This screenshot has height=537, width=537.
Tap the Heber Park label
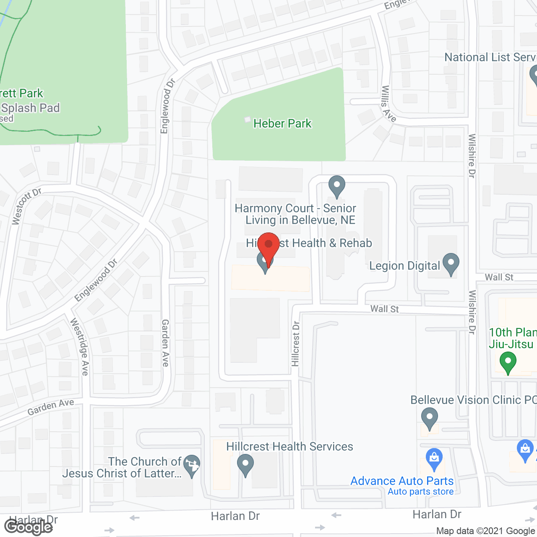point(282,123)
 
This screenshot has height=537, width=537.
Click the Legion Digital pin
point(451,263)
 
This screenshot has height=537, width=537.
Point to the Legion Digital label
point(404,266)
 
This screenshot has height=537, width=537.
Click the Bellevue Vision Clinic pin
point(429,419)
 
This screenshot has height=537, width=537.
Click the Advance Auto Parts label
point(402,481)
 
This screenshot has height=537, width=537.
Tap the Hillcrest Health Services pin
point(245,465)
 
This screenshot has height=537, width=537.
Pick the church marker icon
point(192,465)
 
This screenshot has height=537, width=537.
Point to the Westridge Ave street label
point(80,347)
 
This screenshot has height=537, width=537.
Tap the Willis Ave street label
point(388,104)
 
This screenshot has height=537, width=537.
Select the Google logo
point(28,527)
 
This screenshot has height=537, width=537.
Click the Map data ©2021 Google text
point(485,531)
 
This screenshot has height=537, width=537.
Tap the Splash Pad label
point(30,108)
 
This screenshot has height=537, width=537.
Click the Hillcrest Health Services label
point(289,446)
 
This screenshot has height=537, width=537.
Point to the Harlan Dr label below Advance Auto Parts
point(437,514)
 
